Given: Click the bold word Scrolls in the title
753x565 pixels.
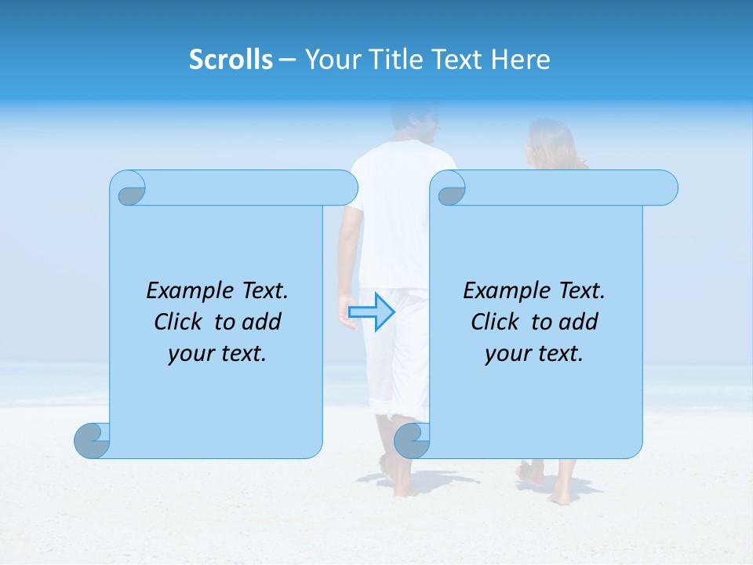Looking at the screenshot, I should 231,60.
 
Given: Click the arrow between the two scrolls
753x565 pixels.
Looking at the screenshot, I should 371,312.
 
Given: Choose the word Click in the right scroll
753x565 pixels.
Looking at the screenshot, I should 497,322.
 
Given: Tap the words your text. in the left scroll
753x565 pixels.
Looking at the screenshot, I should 217,354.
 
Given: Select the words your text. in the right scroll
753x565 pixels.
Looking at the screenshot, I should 534,354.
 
